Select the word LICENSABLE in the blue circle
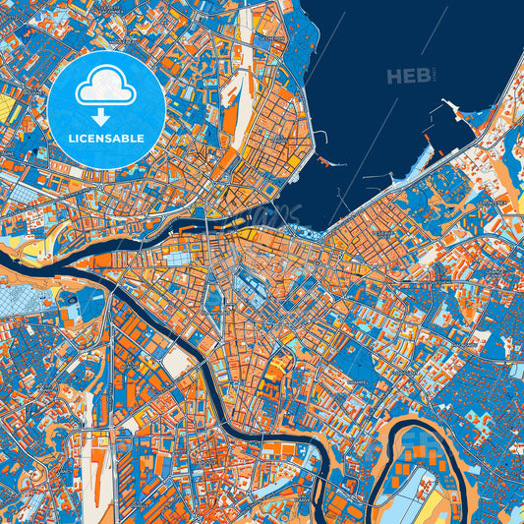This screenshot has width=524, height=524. (x=106, y=139)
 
